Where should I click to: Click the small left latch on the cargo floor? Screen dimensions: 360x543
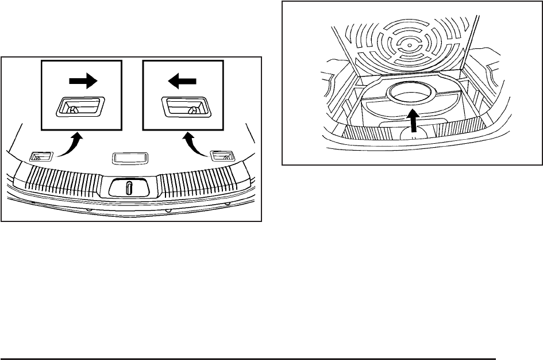click(x=41, y=155)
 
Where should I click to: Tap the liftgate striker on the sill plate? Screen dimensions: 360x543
click(x=130, y=187)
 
